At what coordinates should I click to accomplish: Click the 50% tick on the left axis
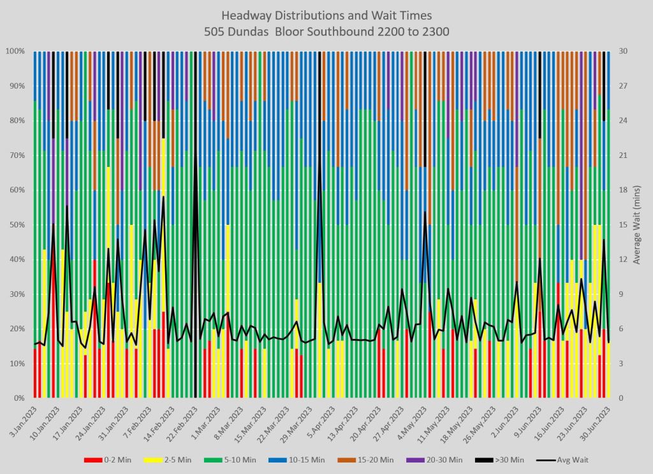point(17,225)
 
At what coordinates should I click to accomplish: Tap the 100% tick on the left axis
point(15,51)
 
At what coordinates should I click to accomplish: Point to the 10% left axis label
point(17,364)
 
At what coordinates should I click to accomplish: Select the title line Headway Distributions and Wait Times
point(326,15)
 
